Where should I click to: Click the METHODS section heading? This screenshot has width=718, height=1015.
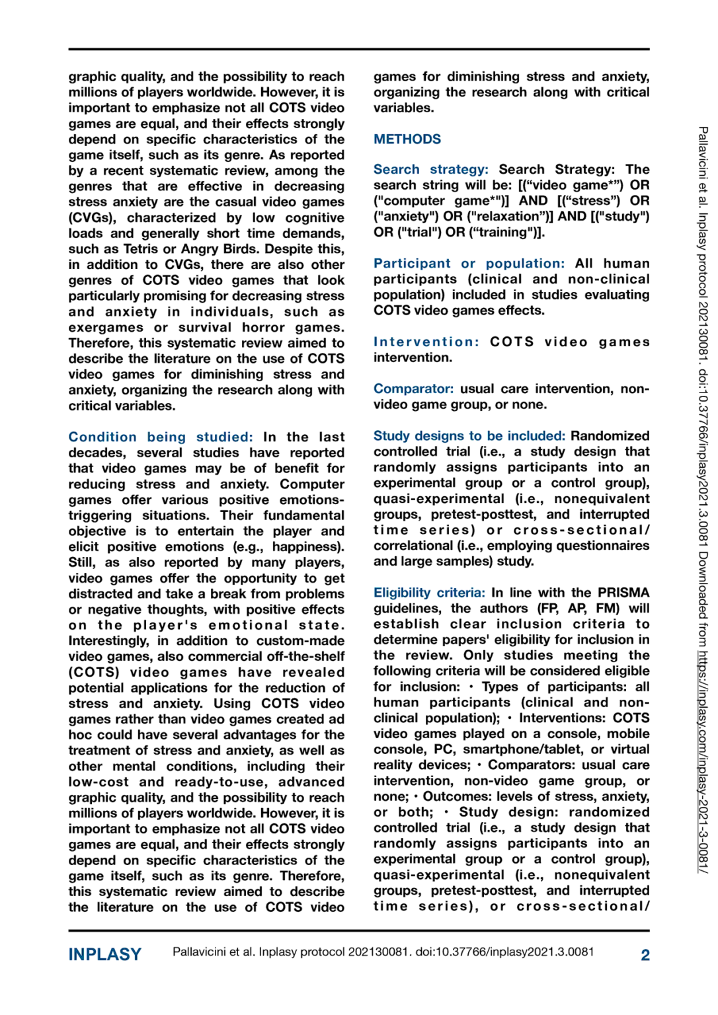pos(407,139)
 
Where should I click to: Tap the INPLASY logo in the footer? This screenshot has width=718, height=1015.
pos(104,954)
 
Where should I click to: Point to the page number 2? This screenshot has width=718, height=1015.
pos(645,955)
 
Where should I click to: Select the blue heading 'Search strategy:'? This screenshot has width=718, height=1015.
pos(430,170)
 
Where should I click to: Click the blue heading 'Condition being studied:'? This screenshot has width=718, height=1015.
pos(161,437)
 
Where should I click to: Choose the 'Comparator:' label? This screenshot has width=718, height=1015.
pos(413,389)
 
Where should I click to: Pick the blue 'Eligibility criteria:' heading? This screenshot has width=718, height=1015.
pos(429,593)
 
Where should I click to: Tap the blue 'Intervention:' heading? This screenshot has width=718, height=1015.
pos(426,342)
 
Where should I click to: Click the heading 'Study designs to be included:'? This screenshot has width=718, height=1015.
pos(469,436)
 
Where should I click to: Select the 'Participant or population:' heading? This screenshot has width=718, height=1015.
pos(469,264)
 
